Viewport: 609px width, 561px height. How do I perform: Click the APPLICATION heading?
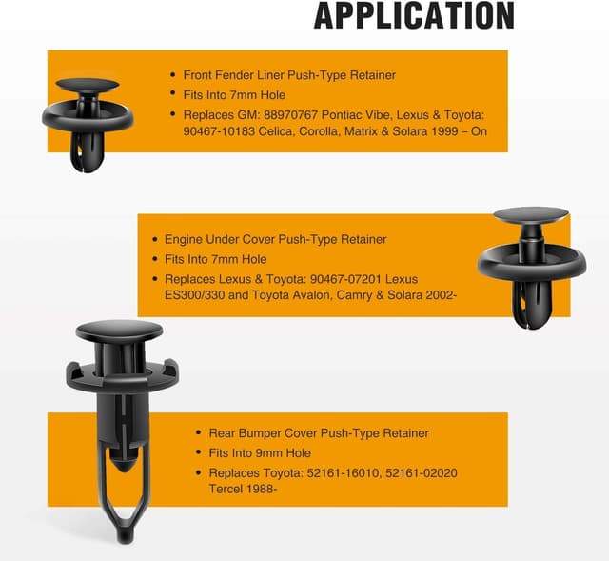point(414,15)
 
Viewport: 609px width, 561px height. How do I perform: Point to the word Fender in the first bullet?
point(237,74)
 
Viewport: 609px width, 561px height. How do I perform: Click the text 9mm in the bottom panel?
point(267,452)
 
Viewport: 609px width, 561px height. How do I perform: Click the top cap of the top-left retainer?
point(88,84)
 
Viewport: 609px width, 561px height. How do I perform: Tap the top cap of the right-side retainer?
point(532,216)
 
